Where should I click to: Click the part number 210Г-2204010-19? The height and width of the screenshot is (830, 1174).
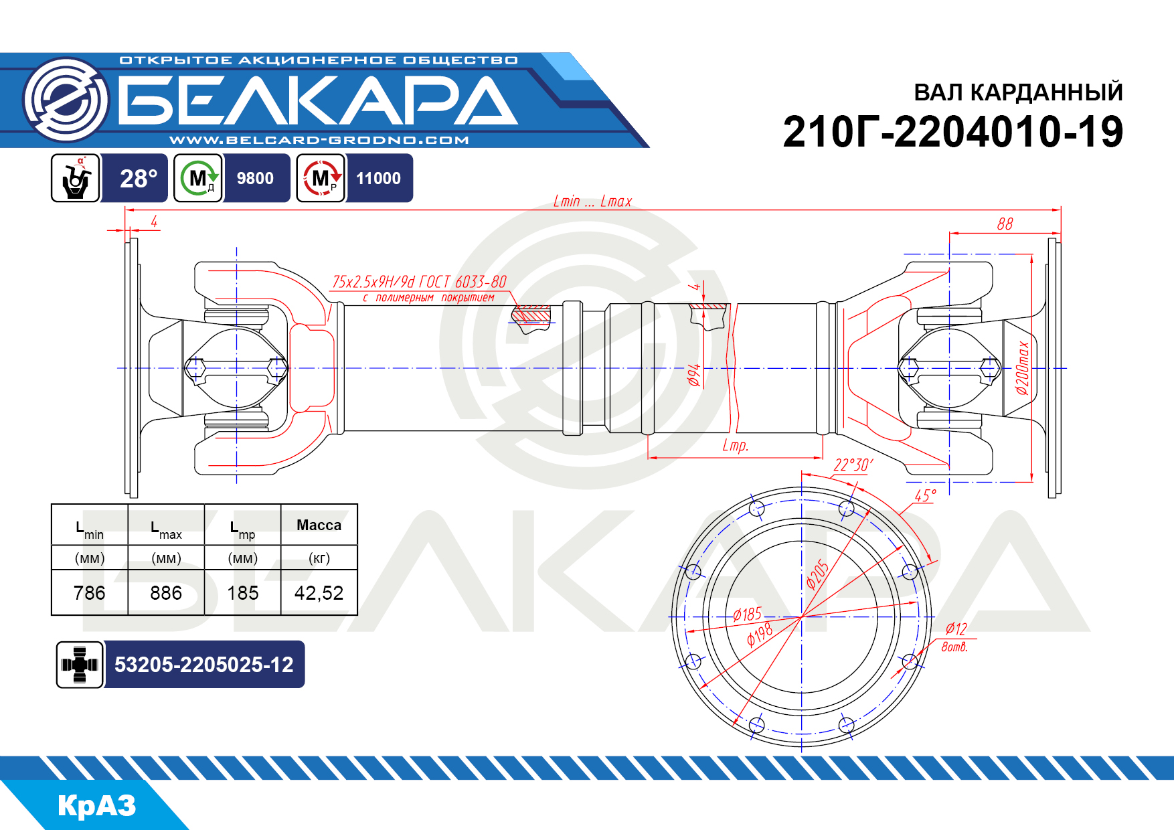point(952,132)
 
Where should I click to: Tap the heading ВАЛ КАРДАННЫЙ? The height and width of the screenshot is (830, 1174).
point(1018,92)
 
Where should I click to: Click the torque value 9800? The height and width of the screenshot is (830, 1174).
point(255,178)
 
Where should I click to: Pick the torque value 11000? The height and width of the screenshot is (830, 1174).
point(378,178)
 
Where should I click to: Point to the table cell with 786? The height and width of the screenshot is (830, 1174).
point(90,593)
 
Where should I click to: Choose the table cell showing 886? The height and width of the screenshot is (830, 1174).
point(166,593)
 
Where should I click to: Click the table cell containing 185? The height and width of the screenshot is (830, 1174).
point(242,593)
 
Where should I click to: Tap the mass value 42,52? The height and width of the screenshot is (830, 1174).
point(319,593)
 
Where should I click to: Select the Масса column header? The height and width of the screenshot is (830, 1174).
point(319,525)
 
